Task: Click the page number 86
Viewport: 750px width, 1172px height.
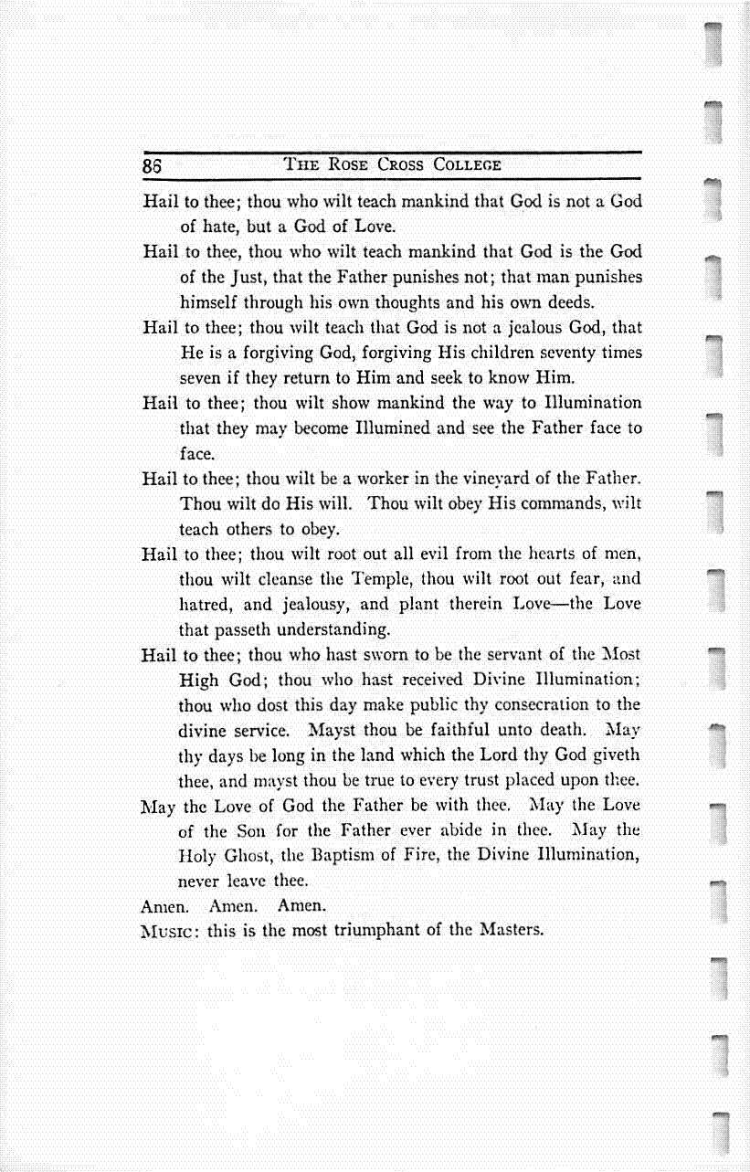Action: (152, 167)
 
